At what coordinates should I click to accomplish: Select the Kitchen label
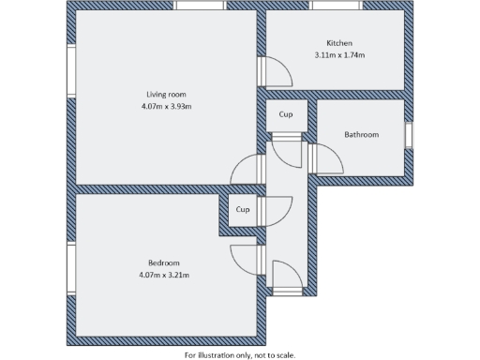coord(339,43)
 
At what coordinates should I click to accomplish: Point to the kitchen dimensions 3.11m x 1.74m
coord(339,55)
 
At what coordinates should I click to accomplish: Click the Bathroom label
coord(361,135)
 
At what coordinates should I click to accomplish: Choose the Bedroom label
coord(163,262)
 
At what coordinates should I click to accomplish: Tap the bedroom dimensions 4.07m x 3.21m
coord(164,275)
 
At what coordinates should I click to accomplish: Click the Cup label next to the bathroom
coord(286,115)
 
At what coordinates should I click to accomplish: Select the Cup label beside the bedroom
coord(241,210)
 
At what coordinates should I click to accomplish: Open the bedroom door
coord(242,258)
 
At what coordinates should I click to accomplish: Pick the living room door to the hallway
coord(246,171)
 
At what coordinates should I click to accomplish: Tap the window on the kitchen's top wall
coord(337,7)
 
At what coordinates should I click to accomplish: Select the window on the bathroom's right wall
coord(409,135)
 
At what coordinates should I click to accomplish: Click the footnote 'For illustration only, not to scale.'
coord(239,354)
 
